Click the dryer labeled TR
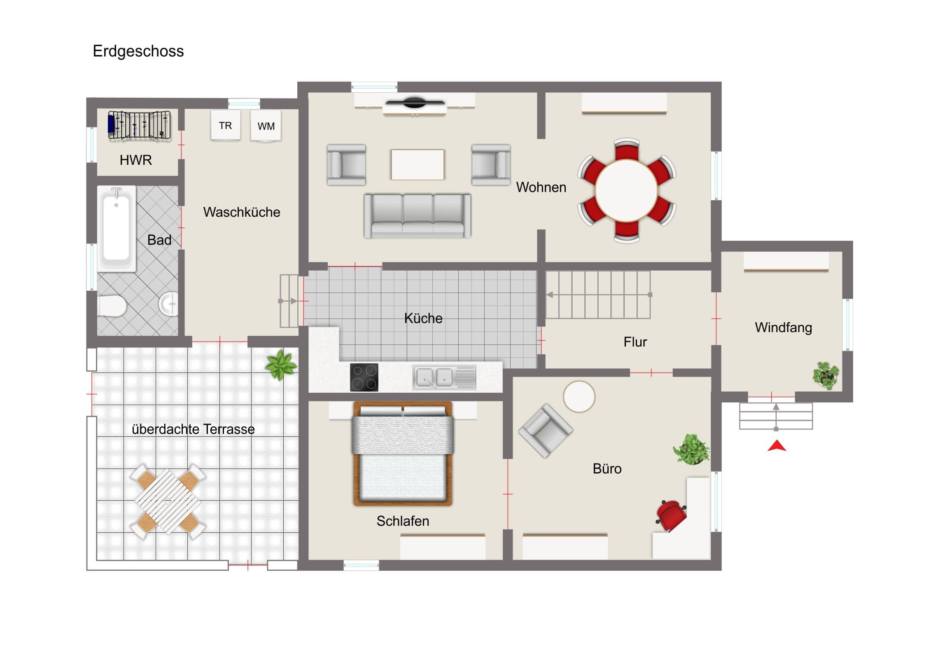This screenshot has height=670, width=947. [x=225, y=125]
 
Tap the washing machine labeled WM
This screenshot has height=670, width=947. [x=266, y=126]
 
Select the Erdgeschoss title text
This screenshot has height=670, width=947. [x=138, y=51]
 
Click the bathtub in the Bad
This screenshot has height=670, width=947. [x=116, y=228]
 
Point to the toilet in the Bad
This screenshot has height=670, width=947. [x=112, y=306]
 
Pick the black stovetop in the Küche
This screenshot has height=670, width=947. [x=364, y=377]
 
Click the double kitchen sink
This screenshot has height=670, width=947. [x=444, y=377]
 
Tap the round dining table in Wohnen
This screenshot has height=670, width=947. [x=626, y=190]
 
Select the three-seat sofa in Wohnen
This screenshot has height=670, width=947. [x=417, y=216]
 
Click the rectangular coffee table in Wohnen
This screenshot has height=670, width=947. [x=418, y=165]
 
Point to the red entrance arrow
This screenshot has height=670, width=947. [x=777, y=445]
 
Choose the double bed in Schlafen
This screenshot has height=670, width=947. [x=403, y=454]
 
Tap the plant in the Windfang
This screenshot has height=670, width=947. [x=826, y=375]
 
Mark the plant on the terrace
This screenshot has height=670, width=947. [x=281, y=365]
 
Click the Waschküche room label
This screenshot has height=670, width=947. [x=242, y=212]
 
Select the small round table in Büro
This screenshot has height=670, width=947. [x=579, y=396]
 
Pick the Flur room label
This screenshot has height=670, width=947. [x=635, y=342]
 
